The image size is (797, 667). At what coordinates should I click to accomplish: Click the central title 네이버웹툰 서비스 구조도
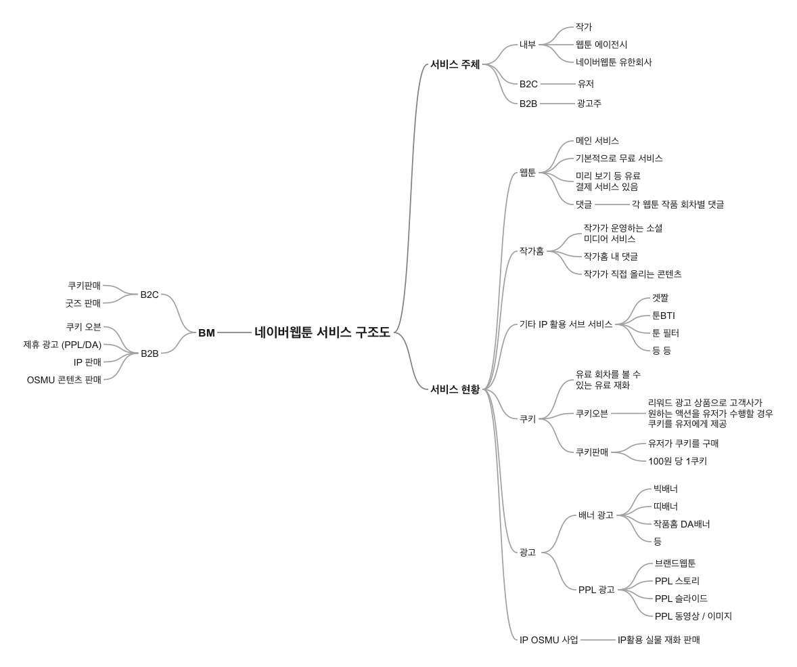tap(322, 332)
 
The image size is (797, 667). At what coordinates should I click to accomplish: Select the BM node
tap(206, 332)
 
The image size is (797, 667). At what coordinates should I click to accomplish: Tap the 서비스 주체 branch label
tap(455, 65)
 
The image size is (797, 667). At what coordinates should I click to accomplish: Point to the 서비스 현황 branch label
tap(455, 389)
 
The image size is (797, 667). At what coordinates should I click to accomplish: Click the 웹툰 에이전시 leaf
tap(601, 45)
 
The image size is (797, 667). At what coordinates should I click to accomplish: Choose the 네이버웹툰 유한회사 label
tap(614, 62)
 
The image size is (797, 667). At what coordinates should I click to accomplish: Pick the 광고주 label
tap(589, 104)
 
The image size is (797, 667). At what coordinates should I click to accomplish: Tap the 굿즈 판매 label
tap(83, 303)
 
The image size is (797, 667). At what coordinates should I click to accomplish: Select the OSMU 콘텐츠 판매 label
tap(64, 380)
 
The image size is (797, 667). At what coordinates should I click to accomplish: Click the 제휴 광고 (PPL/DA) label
tap(62, 345)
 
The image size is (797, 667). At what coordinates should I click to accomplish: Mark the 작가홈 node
tap(531, 251)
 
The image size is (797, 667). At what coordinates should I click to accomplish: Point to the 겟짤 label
tap(660, 298)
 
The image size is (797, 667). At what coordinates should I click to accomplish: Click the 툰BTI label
tap(663, 316)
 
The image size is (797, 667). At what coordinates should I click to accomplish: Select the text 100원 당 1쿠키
tap(677, 461)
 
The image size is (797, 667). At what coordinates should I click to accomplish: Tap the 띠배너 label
tap(665, 507)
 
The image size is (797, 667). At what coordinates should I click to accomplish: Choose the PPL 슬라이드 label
tap(681, 599)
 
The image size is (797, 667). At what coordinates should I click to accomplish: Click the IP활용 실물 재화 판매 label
tap(658, 640)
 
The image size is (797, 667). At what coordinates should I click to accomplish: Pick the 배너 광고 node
tap(595, 515)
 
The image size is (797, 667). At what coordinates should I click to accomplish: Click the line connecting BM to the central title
tap(234, 332)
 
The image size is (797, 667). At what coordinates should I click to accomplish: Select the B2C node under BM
tap(150, 295)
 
